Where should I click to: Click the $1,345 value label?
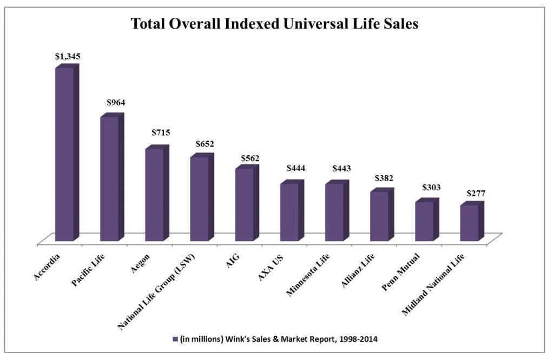67,56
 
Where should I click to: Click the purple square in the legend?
175,339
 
